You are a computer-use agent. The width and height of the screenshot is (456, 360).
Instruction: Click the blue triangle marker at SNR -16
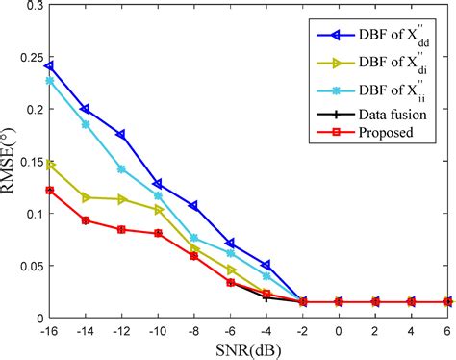(49, 66)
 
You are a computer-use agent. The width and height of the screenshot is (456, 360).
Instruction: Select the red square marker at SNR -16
(49, 191)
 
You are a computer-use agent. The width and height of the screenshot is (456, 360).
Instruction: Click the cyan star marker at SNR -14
(86, 124)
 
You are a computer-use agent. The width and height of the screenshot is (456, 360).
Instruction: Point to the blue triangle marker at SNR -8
(193, 206)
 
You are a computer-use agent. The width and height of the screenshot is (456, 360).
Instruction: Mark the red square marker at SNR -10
(158, 233)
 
